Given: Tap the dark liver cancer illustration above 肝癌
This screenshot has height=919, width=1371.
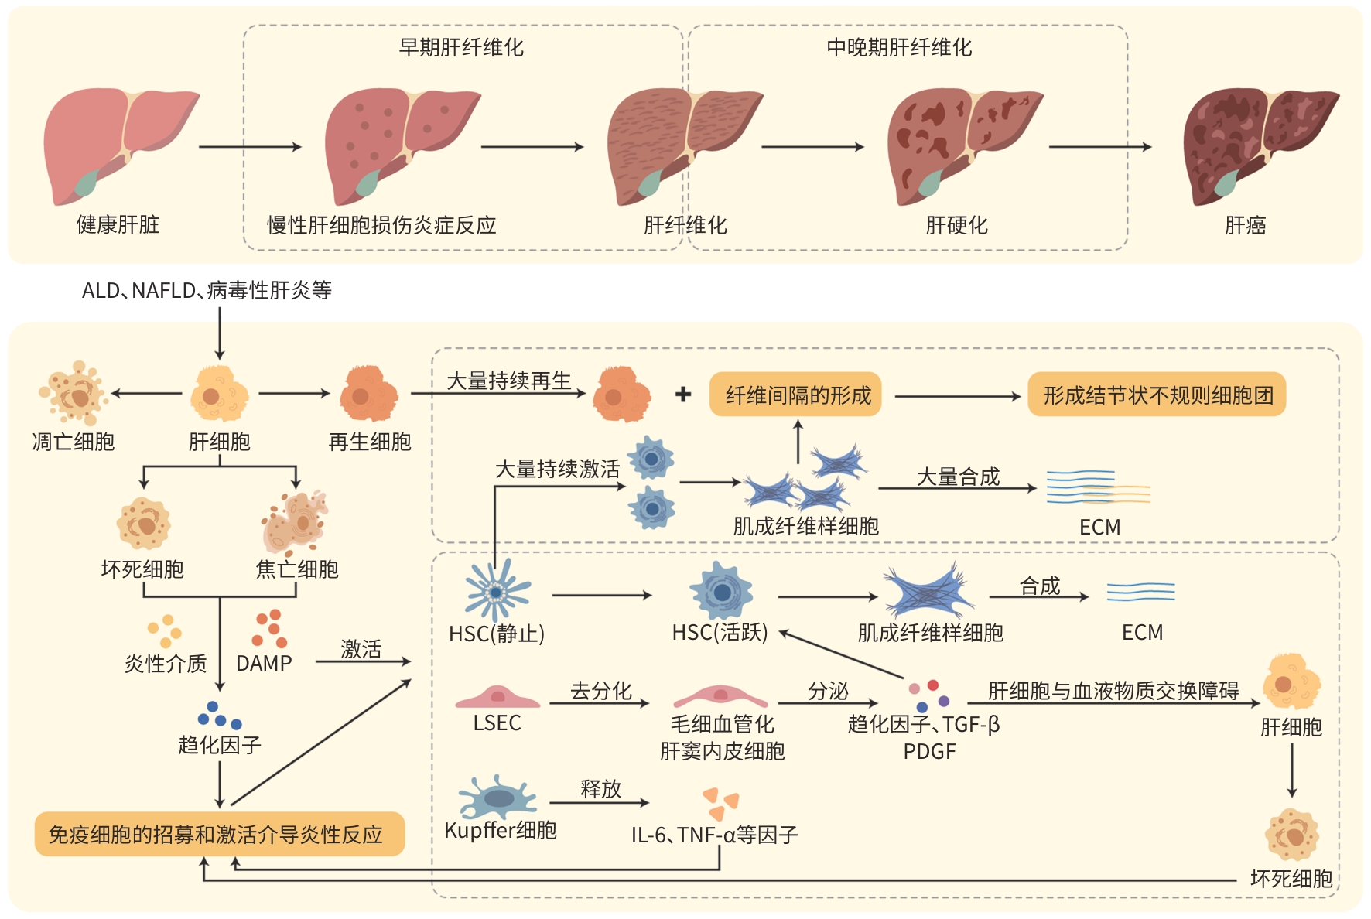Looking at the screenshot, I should (1257, 143).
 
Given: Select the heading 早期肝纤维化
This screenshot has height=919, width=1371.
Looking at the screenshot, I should (461, 48).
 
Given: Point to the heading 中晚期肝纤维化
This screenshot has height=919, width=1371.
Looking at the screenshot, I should (899, 48).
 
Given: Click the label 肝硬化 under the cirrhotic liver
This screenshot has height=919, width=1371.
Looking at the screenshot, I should (957, 226).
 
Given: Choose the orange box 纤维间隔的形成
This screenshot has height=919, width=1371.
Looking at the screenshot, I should (797, 395).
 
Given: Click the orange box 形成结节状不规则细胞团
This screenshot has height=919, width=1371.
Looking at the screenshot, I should (1157, 395).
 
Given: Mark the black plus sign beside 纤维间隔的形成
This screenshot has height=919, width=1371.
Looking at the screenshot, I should (683, 395).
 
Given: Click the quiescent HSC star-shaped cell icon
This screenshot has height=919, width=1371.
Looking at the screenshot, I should (497, 593).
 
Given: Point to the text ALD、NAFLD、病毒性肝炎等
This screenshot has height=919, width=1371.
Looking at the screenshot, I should (207, 291).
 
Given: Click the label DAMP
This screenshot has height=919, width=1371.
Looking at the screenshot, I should (264, 664).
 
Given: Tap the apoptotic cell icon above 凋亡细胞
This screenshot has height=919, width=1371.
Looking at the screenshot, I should (74, 393).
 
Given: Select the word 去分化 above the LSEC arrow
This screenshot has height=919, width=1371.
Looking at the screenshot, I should (600, 691).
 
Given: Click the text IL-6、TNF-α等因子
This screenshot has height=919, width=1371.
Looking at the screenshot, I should (714, 835).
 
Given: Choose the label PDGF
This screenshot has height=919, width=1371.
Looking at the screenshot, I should (929, 752).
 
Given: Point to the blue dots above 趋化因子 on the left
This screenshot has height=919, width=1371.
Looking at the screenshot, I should (220, 716).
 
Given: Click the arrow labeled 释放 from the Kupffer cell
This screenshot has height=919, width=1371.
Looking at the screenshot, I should (599, 803).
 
